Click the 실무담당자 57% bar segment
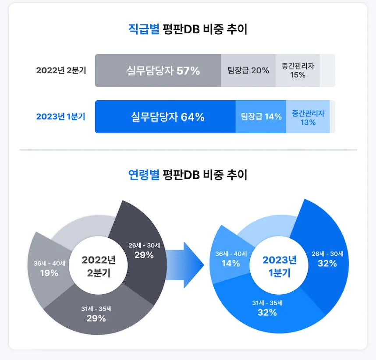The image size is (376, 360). point(158,71)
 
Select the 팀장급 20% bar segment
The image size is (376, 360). point(248,71)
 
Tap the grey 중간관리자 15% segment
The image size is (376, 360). point(298,71)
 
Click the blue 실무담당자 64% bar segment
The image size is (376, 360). point(165,117)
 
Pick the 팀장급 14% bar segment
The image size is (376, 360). point(261,117)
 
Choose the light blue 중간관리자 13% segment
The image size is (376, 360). point(308,117)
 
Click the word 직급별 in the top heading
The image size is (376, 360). point(143,30)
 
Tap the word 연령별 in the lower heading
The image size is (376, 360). point(143,175)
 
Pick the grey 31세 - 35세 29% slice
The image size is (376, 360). point(96,314)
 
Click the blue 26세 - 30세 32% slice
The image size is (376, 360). point(327,259)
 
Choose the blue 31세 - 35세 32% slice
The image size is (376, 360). point(267,308)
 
